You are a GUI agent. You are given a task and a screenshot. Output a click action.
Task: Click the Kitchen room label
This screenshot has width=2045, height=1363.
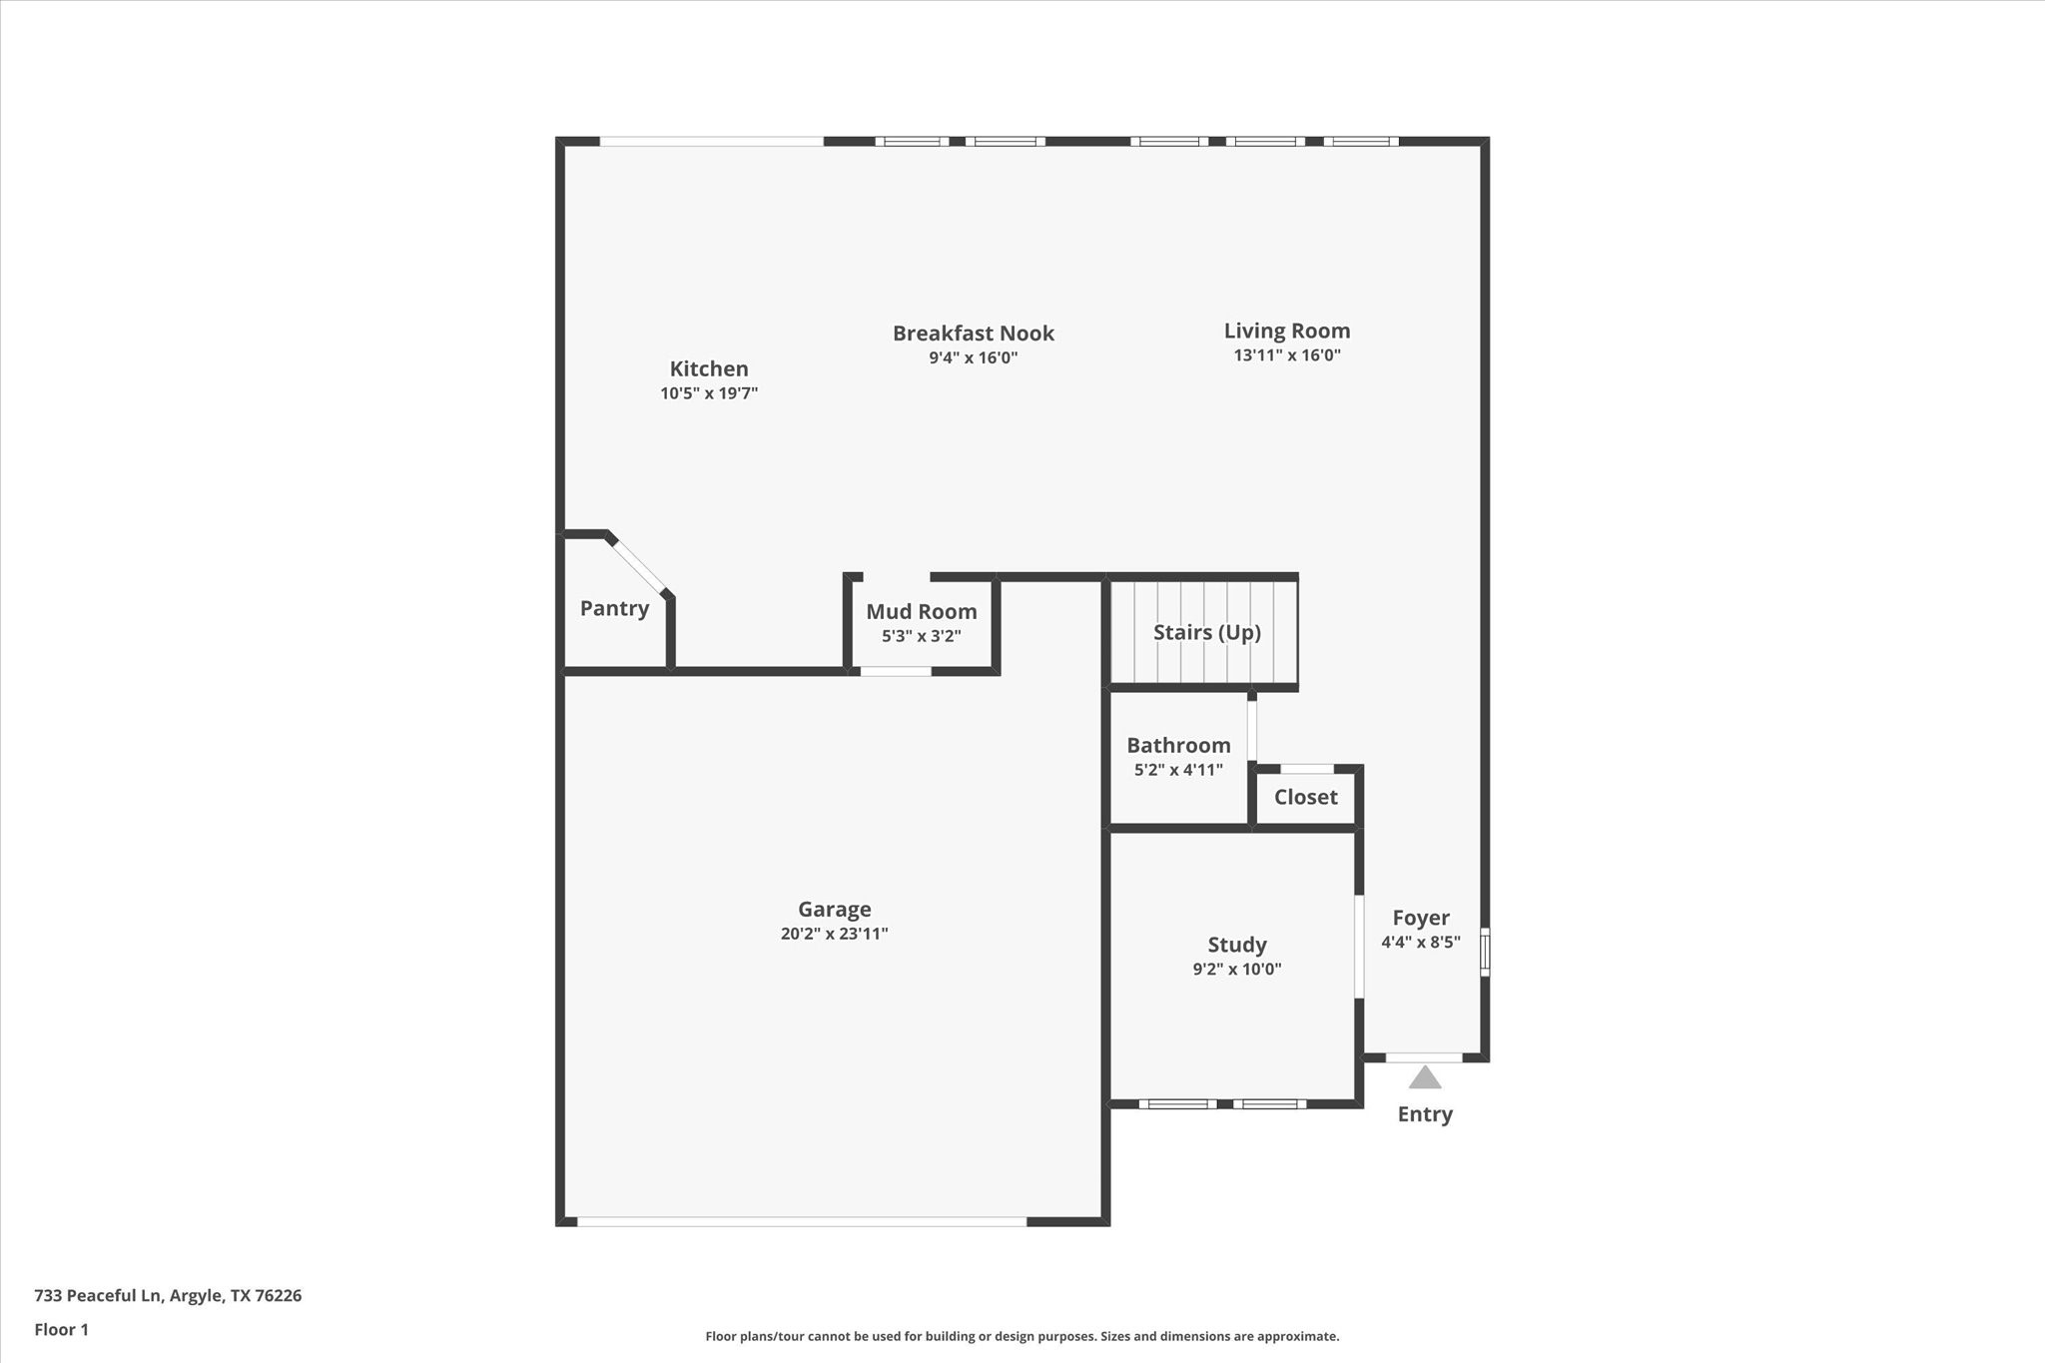point(709,368)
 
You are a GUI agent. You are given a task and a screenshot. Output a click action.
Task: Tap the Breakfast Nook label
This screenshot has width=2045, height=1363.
point(974,334)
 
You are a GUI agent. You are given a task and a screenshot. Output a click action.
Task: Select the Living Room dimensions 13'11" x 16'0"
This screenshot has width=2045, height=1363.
point(1287,355)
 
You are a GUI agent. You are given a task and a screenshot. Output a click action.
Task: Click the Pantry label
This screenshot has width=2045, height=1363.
point(614,608)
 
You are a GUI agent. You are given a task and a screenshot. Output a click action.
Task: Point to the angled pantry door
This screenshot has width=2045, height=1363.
point(639,566)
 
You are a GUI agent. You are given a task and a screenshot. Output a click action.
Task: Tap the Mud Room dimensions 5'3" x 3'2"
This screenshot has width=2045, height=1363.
point(922,636)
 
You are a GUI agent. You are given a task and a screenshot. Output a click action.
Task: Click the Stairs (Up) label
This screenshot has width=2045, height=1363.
point(1207,632)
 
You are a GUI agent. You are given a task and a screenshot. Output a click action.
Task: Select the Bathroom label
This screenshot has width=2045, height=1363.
point(1178,745)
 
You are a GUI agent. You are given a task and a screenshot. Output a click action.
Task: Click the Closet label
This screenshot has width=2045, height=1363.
point(1306,797)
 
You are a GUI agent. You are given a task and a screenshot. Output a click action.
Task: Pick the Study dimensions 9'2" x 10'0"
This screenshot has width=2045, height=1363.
point(1237,969)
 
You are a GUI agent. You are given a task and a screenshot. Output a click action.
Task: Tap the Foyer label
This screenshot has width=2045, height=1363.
point(1421,918)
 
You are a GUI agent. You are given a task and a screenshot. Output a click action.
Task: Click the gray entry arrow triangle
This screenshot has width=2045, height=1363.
point(1425,1078)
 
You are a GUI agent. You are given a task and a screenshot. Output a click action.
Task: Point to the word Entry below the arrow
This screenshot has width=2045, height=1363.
point(1425,1114)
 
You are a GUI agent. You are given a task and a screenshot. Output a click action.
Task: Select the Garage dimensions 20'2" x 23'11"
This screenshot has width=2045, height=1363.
point(835,934)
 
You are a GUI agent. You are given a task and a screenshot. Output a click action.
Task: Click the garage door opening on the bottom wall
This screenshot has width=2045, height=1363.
point(802,1221)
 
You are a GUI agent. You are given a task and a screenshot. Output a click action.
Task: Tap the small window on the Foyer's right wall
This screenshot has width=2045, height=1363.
point(1485,952)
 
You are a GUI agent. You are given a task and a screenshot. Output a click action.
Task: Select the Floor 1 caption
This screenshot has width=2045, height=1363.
point(62,1330)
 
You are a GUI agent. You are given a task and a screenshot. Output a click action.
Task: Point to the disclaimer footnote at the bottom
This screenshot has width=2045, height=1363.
point(1022,1336)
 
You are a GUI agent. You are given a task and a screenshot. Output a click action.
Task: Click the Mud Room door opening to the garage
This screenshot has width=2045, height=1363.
point(896,671)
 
